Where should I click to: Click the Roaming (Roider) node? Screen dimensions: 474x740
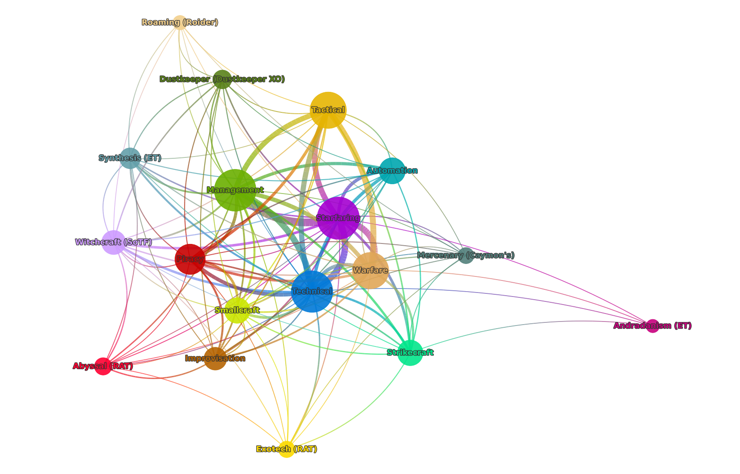[x=180, y=22]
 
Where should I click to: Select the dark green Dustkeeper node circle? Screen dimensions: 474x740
[x=222, y=79]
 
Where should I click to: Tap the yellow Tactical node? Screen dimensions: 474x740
[x=328, y=110]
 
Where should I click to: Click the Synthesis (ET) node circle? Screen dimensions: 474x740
[x=131, y=158]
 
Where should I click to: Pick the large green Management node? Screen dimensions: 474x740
[x=235, y=190]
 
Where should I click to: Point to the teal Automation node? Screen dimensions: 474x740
[x=392, y=170]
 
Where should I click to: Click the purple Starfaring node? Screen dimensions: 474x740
[x=338, y=218]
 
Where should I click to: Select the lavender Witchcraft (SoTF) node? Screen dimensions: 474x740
[x=114, y=242]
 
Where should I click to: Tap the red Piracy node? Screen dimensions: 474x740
[x=190, y=259]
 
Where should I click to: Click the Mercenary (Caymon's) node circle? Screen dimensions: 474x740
[x=466, y=256]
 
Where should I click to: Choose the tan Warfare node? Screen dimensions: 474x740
[x=370, y=270]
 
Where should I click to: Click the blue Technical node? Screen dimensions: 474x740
[x=312, y=291]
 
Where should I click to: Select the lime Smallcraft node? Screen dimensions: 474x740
[x=237, y=310]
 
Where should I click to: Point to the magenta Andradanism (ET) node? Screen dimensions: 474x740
[x=652, y=326]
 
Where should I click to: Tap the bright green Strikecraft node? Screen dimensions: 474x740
[x=410, y=352]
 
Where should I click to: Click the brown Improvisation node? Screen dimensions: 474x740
[x=215, y=359]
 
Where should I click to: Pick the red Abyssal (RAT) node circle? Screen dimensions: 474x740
[x=103, y=366]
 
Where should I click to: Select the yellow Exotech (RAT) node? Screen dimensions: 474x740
[x=287, y=449]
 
